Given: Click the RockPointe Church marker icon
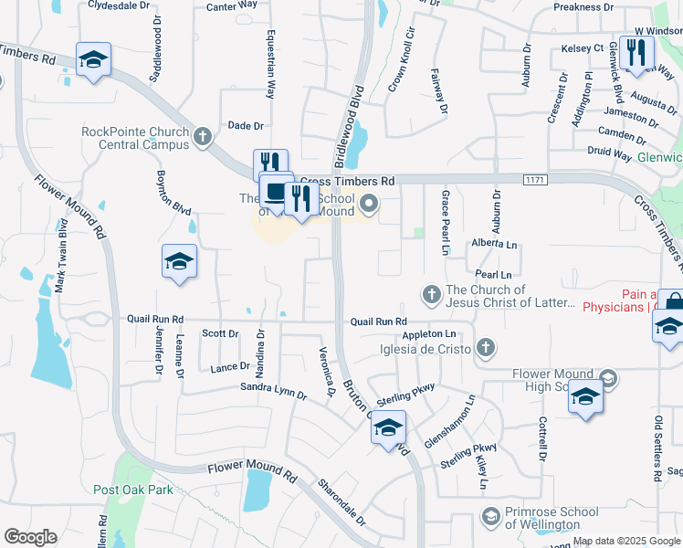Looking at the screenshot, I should [203, 138].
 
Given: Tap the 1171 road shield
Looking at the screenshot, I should [536, 180].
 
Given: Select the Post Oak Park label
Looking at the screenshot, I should [133, 490].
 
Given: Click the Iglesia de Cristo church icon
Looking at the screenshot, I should [486, 348].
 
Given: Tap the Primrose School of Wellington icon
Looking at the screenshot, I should [491, 518].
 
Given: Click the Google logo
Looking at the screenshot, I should [30, 537].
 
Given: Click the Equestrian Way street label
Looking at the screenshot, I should [271, 68].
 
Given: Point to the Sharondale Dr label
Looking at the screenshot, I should [341, 502].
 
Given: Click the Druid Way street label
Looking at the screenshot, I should [609, 156].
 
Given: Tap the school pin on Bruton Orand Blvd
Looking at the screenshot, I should [388, 427].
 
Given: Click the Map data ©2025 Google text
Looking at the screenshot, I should [625, 541].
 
